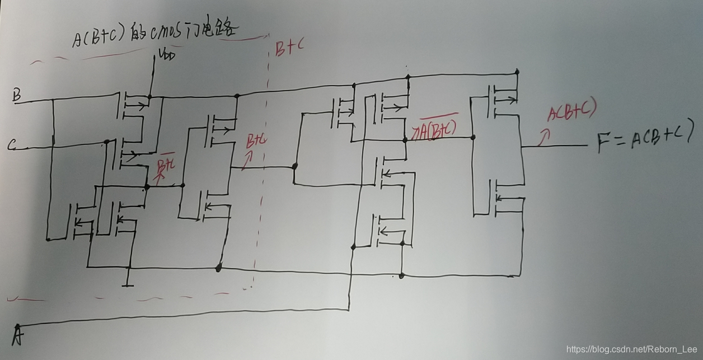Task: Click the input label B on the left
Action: (16, 96)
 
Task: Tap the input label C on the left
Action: (12, 146)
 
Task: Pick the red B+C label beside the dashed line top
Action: (290, 49)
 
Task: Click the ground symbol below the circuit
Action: (128, 282)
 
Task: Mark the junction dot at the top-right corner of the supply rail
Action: (517, 72)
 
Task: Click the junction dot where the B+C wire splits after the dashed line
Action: (294, 166)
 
